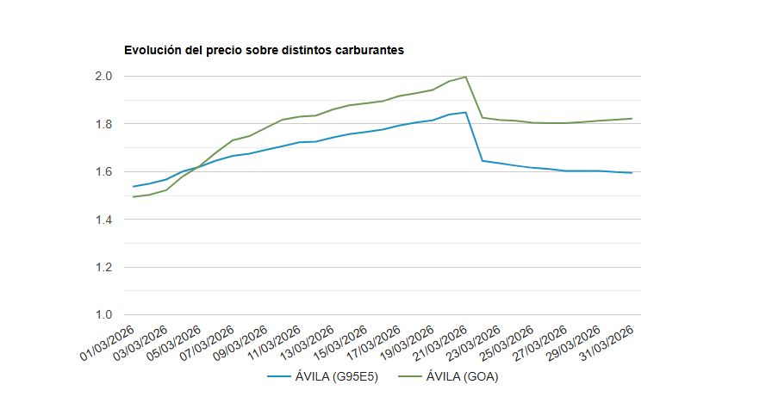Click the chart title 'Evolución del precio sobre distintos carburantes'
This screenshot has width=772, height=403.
tap(264, 50)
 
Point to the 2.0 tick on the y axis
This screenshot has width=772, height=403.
tap(104, 77)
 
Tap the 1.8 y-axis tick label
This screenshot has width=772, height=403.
tap(104, 124)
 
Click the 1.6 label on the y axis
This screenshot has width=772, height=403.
tap(104, 172)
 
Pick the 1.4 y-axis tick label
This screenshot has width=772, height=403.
tap(104, 220)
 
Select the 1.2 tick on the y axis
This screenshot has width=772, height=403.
tap(104, 268)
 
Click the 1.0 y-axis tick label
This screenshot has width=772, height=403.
tap(104, 315)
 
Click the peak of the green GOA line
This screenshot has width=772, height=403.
tap(465, 77)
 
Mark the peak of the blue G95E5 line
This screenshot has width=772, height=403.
tap(465, 112)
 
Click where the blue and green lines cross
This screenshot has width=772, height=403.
tap(197, 165)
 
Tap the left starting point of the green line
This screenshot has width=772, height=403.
tap(133, 197)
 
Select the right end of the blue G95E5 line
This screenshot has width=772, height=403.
tap(632, 173)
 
